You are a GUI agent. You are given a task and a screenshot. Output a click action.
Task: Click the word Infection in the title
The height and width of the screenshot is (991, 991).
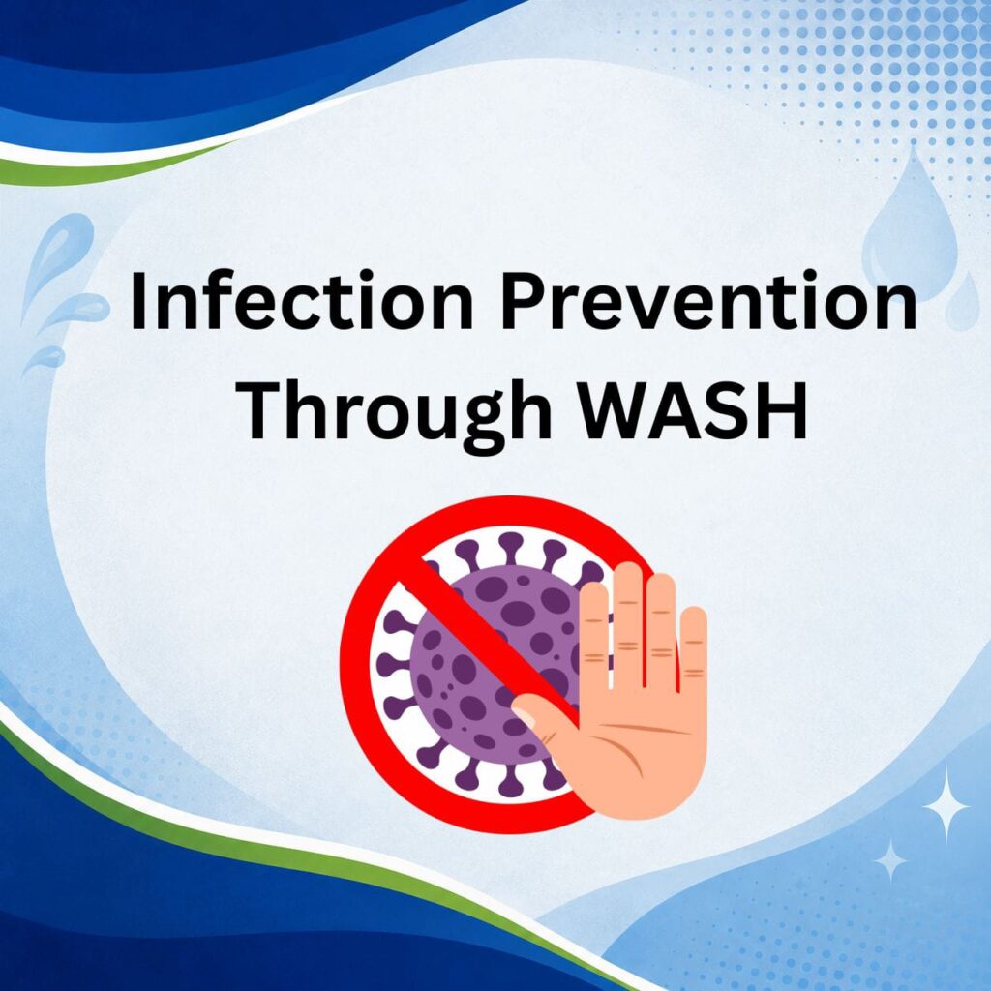click(302, 300)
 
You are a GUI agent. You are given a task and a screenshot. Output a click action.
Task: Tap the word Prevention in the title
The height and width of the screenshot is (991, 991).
click(709, 300)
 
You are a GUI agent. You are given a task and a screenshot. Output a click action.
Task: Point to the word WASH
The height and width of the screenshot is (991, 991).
click(693, 409)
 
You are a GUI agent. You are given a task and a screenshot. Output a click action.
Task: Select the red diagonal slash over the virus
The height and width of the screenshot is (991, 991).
click(493, 645)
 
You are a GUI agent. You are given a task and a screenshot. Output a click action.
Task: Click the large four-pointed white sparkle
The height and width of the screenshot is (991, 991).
click(946, 806)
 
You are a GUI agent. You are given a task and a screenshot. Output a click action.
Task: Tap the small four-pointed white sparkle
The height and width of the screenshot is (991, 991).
click(890, 860)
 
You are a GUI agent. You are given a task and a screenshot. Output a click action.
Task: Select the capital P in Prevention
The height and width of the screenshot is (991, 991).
click(522, 300)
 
